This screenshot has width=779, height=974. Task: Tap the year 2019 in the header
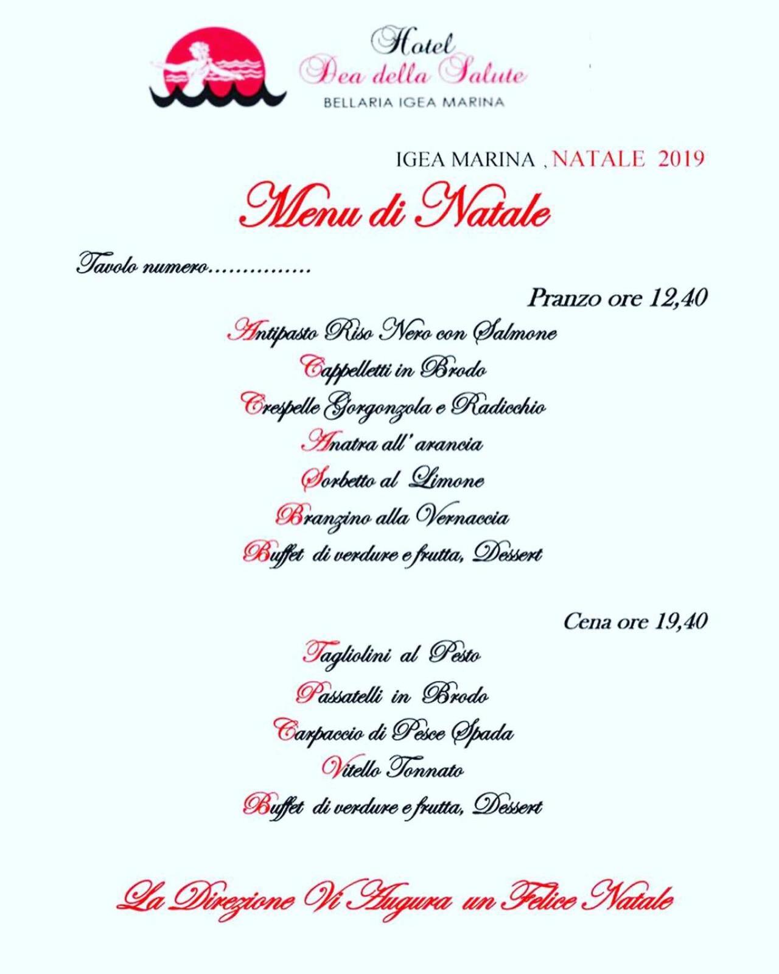[x=681, y=159]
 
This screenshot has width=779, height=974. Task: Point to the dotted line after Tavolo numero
[x=260, y=268]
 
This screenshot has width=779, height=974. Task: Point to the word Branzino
[x=323, y=517]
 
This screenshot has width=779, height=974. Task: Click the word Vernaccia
[x=463, y=517]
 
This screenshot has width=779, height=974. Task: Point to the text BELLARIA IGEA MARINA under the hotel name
[x=414, y=102]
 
